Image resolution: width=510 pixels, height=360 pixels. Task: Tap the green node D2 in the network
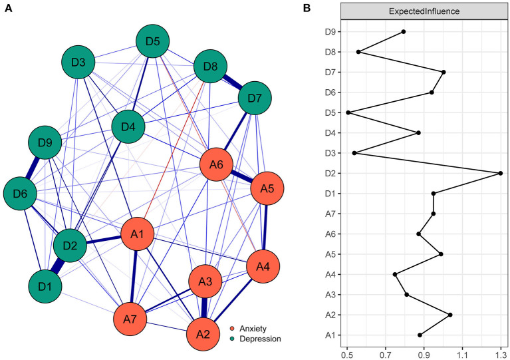[70, 246]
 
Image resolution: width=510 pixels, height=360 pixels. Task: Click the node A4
[263, 267]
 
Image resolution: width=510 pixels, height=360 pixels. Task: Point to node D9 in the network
[45, 142]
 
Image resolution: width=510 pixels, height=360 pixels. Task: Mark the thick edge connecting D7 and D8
[233, 83]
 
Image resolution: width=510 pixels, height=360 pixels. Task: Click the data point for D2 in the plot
[500, 173]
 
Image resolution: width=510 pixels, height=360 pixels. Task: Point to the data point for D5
[348, 112]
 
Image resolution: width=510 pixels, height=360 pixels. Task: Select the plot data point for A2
[450, 315]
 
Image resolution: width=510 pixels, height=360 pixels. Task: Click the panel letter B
[307, 8]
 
